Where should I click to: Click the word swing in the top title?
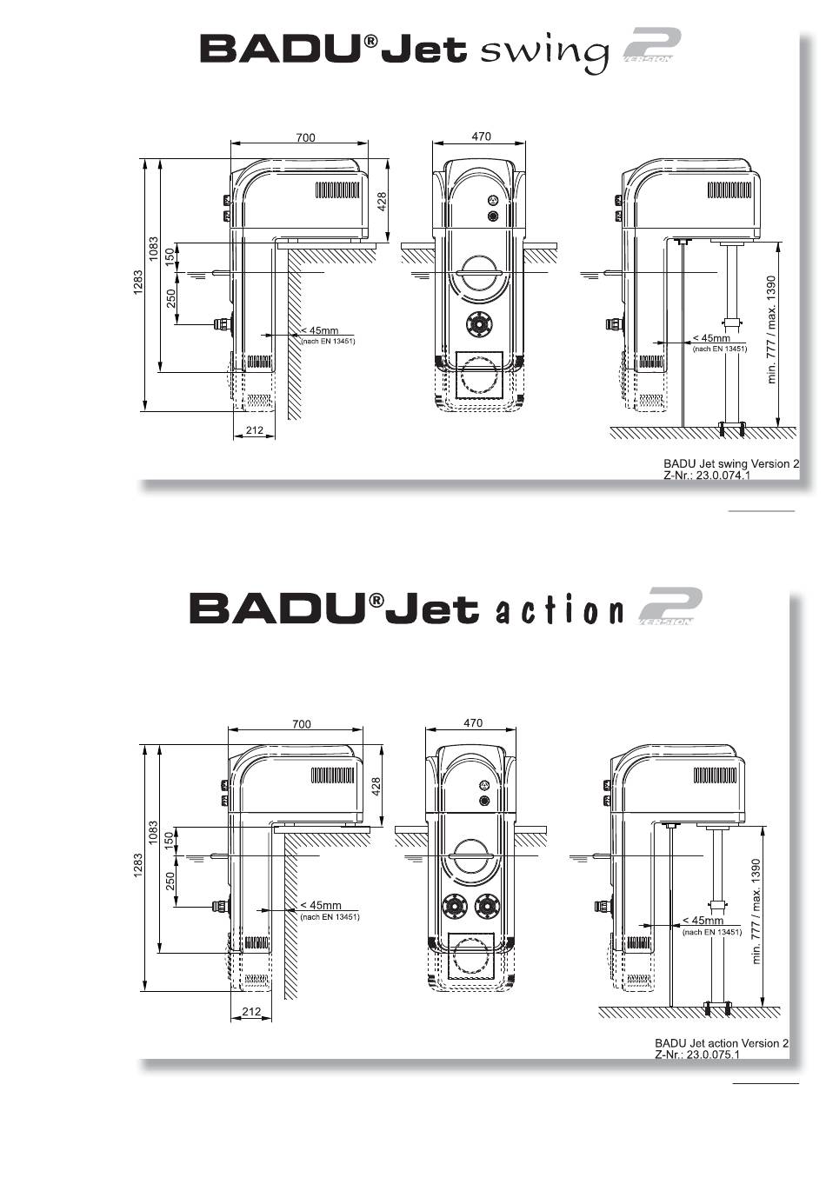[x=544, y=52]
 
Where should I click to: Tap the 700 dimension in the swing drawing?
[x=305, y=137]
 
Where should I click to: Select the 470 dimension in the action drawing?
[x=473, y=722]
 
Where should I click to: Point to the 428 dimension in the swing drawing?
[x=382, y=203]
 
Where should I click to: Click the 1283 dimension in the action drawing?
[x=138, y=866]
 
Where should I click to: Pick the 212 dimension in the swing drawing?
[x=254, y=429]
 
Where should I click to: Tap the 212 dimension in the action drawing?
[x=251, y=1011]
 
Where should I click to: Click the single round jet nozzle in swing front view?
[x=478, y=323]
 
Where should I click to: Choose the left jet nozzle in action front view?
[x=455, y=906]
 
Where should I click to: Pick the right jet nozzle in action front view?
[x=488, y=906]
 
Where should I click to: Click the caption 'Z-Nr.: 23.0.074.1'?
[x=708, y=476]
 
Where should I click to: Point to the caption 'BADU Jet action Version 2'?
[x=722, y=1042]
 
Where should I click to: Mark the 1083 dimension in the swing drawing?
[x=154, y=250]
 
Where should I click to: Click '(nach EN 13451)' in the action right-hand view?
[x=712, y=932]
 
